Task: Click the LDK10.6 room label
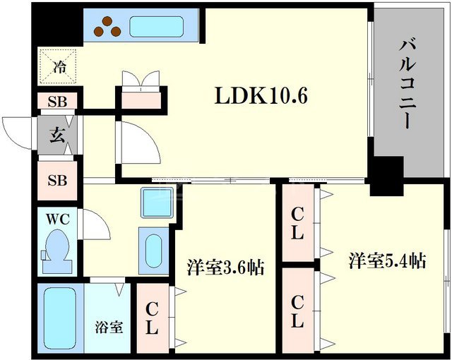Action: tap(261, 97)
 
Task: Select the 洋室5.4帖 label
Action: tap(386, 260)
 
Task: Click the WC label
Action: tap(58, 220)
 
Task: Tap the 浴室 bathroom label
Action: tap(109, 327)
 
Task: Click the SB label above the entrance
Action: tap(57, 102)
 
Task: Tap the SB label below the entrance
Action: tap(57, 179)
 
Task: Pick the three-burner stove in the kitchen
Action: tap(107, 27)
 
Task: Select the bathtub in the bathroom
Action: tap(59, 317)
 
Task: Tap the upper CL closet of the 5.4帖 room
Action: tap(297, 223)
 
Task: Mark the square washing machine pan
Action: tap(153, 203)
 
